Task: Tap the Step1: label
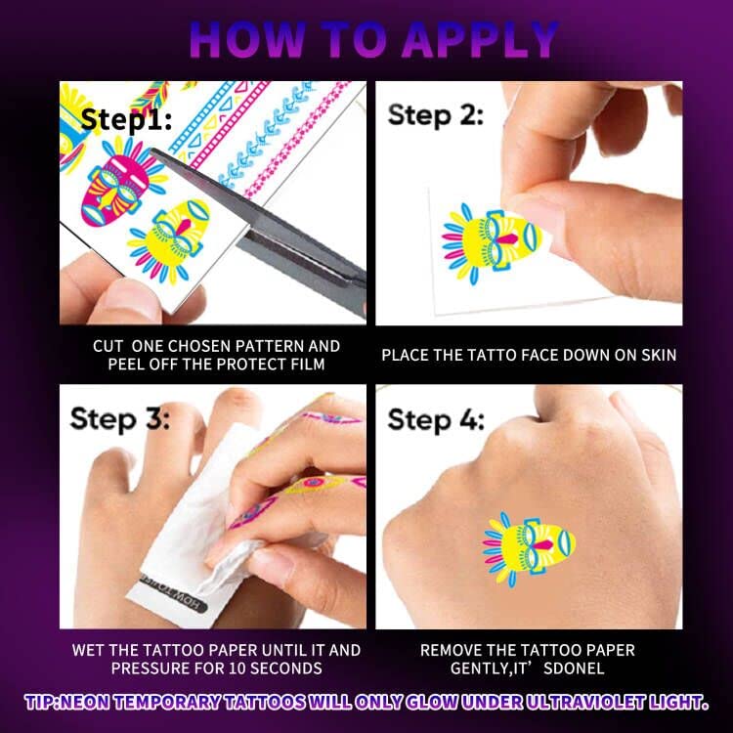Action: click(126, 120)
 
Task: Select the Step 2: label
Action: click(435, 115)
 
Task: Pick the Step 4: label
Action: click(436, 420)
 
